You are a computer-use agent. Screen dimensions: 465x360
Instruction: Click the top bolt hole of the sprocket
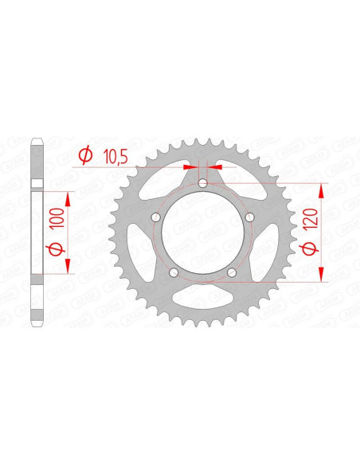[203, 184]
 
